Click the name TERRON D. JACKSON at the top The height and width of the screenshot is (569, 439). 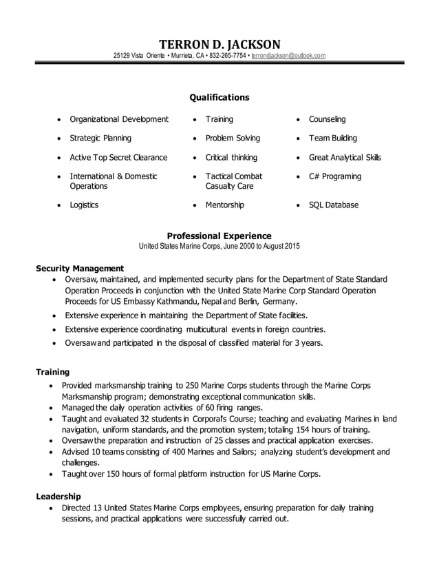[x=219, y=43]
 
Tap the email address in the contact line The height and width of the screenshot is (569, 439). [x=288, y=55]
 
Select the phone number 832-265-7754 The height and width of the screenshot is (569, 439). [x=227, y=55]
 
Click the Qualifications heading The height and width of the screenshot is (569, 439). [x=219, y=97]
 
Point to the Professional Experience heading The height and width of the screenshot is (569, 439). [x=219, y=235]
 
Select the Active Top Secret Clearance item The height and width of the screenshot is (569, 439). [x=118, y=157]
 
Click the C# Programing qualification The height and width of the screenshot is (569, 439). [x=334, y=176]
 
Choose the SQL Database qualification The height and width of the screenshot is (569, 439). [x=333, y=205]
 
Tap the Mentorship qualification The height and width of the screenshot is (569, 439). [x=224, y=205]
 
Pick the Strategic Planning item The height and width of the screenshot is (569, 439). [x=100, y=138]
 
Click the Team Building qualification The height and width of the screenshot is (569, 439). [x=332, y=138]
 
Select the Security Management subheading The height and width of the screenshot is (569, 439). [x=80, y=268]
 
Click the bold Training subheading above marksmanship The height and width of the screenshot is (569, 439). [x=52, y=372]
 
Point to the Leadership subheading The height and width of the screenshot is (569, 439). [x=58, y=496]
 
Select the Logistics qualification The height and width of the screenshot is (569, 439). [x=84, y=205]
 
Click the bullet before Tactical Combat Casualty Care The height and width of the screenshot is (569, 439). [x=196, y=177]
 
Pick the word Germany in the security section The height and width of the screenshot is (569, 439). [x=279, y=302]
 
